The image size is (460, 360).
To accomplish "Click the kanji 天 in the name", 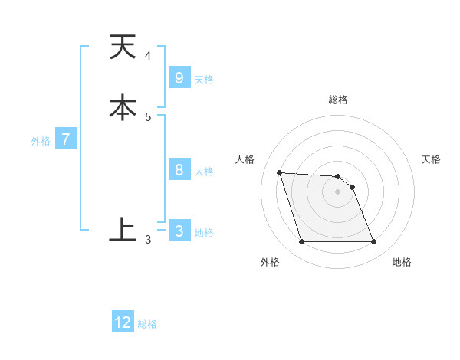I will click(x=123, y=47).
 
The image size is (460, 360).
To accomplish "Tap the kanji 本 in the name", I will click(x=123, y=108).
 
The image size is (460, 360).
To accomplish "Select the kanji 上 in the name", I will click(x=123, y=229).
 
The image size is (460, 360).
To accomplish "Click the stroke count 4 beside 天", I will click(x=148, y=56).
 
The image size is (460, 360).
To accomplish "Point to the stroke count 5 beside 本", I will click(x=148, y=116).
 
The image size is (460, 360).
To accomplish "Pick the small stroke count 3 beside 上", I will click(x=148, y=240).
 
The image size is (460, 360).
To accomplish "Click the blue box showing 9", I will click(x=179, y=78).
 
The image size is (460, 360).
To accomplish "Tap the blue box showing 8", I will click(x=179, y=170).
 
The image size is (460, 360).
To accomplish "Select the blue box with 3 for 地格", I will click(x=179, y=231).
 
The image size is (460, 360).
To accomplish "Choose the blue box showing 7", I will click(x=66, y=139).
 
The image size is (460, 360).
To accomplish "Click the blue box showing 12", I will click(x=123, y=322).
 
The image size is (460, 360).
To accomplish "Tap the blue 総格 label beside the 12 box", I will click(x=147, y=324).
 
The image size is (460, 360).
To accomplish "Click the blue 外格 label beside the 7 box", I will click(x=40, y=141).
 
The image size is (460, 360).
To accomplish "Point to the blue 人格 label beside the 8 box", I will click(x=204, y=172).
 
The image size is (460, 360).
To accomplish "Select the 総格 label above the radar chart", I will click(x=338, y=100).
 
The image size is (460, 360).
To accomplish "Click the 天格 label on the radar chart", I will click(x=431, y=159).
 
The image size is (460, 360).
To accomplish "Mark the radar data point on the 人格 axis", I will click(x=279, y=172).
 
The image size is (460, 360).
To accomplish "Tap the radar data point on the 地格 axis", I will click(x=374, y=242).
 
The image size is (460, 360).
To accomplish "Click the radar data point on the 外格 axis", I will click(x=301, y=242).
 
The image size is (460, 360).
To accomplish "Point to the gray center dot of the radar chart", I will click(x=338, y=191).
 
